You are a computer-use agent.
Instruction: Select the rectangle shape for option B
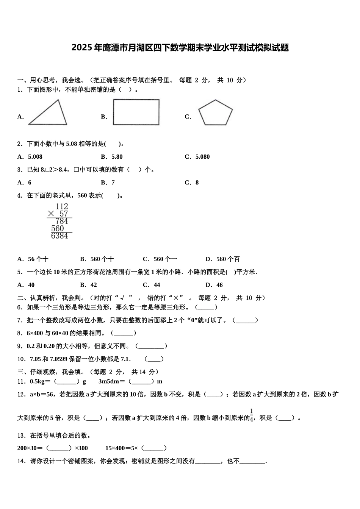pos(136,112)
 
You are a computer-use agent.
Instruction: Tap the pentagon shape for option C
pos(216,113)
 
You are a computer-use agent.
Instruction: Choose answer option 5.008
pos(35,157)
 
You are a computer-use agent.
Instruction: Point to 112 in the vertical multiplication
pos(62,206)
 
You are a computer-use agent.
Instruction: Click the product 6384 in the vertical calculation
pos(59,236)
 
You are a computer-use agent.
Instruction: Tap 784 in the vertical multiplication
pos(62,221)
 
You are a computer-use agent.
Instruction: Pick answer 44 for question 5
pos(157,285)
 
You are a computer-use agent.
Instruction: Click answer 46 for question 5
pos(219,285)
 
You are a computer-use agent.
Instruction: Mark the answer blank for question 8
pos(124,333)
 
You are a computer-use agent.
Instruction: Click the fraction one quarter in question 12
pos(252,415)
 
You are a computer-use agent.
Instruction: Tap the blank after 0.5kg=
pos(67,382)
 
